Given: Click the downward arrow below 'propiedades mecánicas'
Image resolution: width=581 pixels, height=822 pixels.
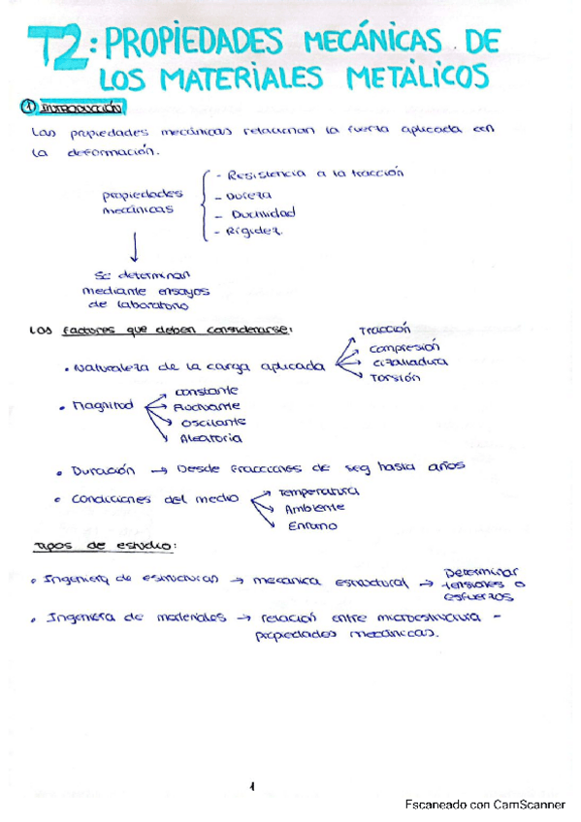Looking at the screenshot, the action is (x=132, y=251).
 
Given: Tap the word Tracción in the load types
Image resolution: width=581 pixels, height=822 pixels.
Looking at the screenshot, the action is (x=385, y=331).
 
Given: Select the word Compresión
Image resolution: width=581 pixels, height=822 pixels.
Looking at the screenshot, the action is (x=404, y=346).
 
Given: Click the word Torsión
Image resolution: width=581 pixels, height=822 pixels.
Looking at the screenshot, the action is (x=395, y=377).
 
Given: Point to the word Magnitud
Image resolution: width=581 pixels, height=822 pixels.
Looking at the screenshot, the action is (x=102, y=407).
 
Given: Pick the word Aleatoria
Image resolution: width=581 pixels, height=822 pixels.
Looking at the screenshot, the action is (x=206, y=438).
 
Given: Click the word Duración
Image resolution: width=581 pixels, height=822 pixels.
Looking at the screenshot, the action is (x=102, y=470).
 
